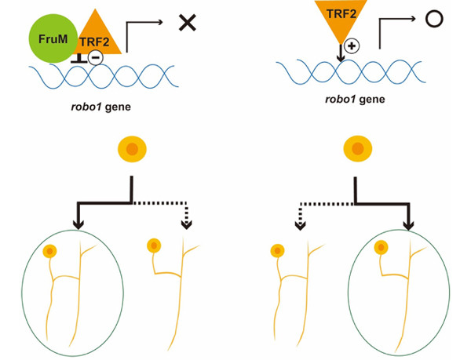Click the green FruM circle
[53, 38]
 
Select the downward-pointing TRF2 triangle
[341, 18]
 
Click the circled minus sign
[96, 58]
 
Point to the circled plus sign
[352, 46]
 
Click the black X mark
[188, 23]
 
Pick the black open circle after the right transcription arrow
[434, 19]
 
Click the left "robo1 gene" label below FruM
[101, 107]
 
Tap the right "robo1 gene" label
[355, 99]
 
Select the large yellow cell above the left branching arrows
[132, 149]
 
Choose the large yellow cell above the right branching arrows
[358, 148]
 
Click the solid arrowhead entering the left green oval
[78, 224]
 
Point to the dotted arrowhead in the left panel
[187, 224]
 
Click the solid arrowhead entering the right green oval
[408, 225]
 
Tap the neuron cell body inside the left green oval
[50, 251]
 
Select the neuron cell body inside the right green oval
[381, 248]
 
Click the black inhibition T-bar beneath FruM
[78, 59]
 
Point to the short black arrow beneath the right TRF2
[341, 53]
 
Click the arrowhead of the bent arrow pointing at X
[160, 22]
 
